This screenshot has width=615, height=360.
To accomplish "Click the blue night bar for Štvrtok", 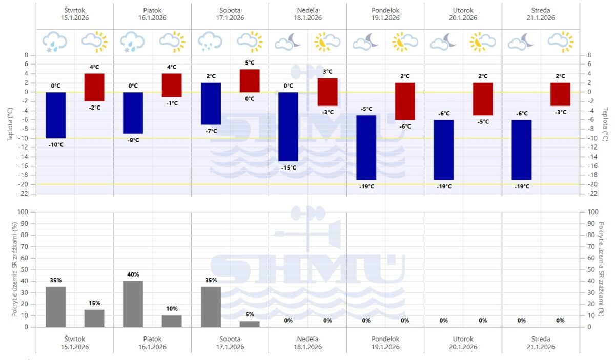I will coord(55,115).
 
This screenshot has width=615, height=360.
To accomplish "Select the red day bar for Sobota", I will coord(250,80).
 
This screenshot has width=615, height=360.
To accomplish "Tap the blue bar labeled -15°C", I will coord(289,126).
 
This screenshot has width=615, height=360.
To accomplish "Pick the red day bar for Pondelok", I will coord(405,101).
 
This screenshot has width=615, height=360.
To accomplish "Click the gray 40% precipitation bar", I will coord(133,304).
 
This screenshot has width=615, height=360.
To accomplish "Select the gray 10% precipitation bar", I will coord(172,321).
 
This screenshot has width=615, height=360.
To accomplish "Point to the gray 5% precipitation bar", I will coord(250,324).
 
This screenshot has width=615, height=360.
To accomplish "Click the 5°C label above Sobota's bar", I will coord(250,63).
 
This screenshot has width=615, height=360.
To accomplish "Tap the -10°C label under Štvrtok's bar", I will coord(55,144).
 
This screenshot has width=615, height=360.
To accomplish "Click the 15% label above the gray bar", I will coord(94,304).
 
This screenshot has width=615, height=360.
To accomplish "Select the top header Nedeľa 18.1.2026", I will coord(307,14).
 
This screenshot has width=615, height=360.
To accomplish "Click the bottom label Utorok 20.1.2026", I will coord(463,343).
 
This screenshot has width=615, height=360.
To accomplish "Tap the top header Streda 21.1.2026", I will coord(541,14).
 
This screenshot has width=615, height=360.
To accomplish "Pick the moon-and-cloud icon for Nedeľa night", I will coord(289,41).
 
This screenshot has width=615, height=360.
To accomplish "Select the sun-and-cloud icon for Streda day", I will coord(560,41).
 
